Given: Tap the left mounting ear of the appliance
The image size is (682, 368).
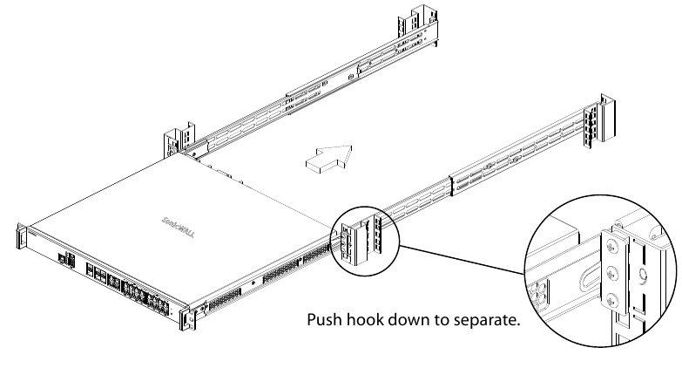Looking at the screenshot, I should pyautogui.click(x=20, y=236).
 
